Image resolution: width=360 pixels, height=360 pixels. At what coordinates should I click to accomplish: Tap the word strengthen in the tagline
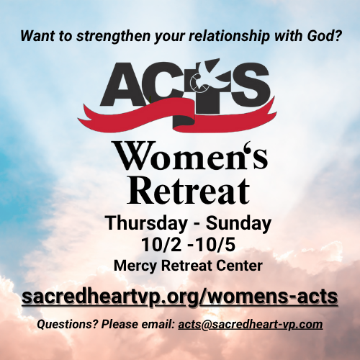(113, 36)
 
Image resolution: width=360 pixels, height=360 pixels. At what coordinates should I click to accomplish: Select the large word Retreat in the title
(189, 192)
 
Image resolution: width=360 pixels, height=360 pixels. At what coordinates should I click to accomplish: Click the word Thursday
(146, 223)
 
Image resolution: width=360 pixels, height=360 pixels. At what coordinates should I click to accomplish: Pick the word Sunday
(238, 223)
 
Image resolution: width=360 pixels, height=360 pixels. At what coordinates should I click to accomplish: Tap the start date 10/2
(161, 245)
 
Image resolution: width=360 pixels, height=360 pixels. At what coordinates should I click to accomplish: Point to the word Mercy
(135, 266)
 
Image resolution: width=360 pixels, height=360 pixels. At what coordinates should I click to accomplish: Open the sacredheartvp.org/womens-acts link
(180, 297)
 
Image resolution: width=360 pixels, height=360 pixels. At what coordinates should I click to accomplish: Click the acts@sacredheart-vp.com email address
(251, 325)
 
